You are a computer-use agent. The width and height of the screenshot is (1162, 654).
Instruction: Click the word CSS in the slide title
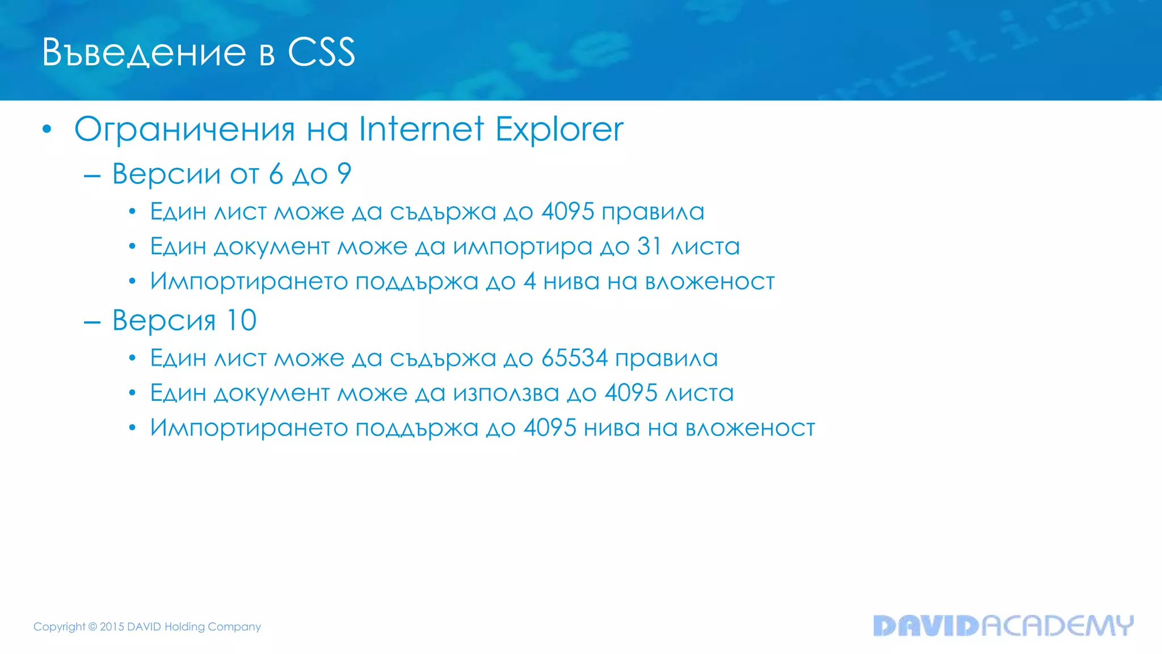point(321,52)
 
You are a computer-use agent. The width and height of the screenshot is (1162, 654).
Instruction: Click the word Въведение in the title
point(144,53)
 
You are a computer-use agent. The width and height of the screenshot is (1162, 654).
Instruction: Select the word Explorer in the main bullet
point(559,129)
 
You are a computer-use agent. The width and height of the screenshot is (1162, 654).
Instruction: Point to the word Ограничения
point(184,130)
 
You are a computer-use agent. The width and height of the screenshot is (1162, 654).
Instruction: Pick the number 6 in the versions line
point(276,173)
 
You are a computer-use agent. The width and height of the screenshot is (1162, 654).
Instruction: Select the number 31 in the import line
point(649,246)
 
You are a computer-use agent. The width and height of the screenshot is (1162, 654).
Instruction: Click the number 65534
point(574,358)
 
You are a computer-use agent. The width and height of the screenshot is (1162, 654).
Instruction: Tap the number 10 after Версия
point(241,320)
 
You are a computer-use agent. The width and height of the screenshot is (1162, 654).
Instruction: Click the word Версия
point(164,321)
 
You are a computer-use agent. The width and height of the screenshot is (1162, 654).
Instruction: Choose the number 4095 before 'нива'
point(549,428)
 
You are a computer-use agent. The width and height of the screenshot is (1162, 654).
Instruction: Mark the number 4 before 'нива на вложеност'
point(529,282)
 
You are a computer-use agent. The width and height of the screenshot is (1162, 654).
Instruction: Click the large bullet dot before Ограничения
point(47,129)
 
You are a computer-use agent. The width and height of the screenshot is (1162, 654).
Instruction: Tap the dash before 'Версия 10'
point(92,322)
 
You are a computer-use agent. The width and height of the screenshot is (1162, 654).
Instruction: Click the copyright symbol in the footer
point(92,627)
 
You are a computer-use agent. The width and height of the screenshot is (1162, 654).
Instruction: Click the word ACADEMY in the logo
point(1057,625)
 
